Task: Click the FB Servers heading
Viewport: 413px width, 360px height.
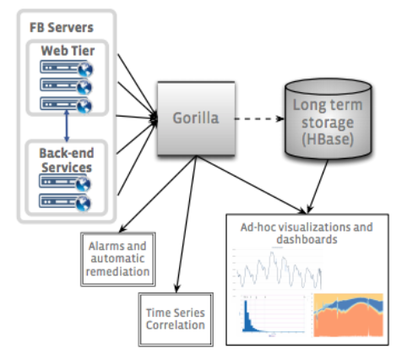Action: click(x=62, y=28)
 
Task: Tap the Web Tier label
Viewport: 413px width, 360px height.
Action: click(x=68, y=51)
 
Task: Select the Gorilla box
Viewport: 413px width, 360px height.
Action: click(x=196, y=118)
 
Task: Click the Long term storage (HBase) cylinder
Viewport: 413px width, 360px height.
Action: click(x=328, y=118)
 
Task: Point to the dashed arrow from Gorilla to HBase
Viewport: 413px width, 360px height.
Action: click(x=259, y=118)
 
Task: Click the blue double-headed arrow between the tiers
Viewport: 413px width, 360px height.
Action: click(x=67, y=126)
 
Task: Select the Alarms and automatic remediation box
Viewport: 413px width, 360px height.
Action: click(x=118, y=259)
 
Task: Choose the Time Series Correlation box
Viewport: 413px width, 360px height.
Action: click(x=176, y=319)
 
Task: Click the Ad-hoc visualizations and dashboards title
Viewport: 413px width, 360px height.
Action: click(x=307, y=233)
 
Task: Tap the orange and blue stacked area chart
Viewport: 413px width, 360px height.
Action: click(x=348, y=315)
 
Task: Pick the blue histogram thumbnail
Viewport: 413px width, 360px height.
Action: click(x=273, y=314)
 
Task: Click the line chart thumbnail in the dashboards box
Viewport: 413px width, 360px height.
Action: click(x=278, y=270)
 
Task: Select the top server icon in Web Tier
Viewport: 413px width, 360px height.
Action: click(x=67, y=68)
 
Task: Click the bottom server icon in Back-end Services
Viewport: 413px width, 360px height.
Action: click(x=65, y=202)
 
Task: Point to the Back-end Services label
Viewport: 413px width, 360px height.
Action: click(x=67, y=161)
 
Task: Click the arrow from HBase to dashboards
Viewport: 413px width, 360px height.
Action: click(x=318, y=186)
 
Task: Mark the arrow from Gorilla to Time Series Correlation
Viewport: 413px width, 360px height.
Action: click(x=186, y=224)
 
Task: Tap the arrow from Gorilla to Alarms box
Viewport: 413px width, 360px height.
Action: click(x=158, y=194)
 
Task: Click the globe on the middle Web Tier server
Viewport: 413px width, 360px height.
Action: click(x=84, y=88)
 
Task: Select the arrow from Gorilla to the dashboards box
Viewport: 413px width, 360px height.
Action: click(x=251, y=184)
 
